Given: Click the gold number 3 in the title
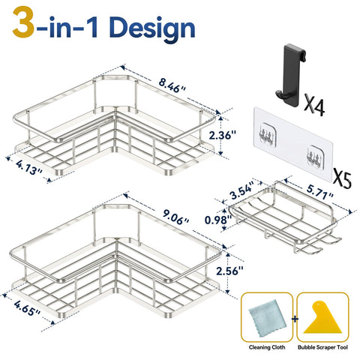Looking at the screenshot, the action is (23, 22).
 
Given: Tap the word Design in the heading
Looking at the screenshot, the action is (152, 28).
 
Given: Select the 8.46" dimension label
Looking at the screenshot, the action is (172, 86).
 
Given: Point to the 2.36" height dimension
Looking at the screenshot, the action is (223, 136).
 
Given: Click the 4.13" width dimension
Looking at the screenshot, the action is (29, 167).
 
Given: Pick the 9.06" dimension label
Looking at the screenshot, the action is (175, 217).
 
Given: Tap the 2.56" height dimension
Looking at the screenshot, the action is (229, 271).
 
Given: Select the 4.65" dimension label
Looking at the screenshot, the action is (27, 308).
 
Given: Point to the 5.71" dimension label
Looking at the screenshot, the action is (319, 191).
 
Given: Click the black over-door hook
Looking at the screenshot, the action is (291, 75).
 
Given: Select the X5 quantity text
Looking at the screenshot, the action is (341, 179).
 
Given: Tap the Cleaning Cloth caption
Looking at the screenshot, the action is (267, 347).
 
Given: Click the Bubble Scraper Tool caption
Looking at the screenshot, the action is (322, 347).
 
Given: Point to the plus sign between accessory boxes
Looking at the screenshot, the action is (295, 319).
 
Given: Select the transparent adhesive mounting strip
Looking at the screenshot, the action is (293, 144).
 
